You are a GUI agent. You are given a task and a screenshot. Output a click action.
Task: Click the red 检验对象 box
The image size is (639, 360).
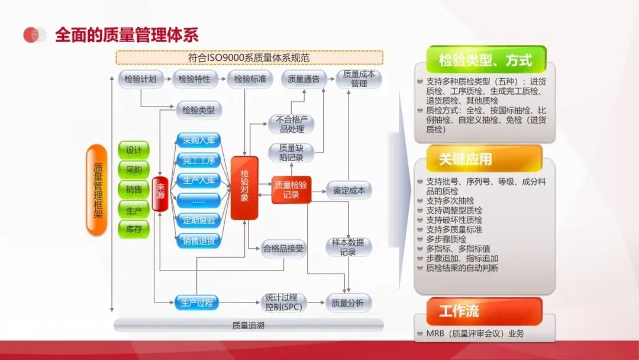[x=244, y=188]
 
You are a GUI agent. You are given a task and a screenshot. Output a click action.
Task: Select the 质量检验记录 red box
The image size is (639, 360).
[x=291, y=189]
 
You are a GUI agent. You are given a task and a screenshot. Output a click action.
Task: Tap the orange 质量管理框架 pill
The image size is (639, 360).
[x=97, y=189]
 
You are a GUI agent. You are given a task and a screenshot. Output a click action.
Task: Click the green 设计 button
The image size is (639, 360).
[x=134, y=150]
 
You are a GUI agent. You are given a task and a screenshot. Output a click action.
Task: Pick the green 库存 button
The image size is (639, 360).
[x=134, y=229]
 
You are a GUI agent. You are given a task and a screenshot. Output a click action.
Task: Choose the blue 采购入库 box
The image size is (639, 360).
[x=198, y=141]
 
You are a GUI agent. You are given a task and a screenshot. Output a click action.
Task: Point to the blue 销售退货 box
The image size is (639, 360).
[x=198, y=240]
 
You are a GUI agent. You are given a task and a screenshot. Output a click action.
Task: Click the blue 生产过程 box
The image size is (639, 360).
[x=196, y=303]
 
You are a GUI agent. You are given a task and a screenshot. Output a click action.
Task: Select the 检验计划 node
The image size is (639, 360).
[x=140, y=79]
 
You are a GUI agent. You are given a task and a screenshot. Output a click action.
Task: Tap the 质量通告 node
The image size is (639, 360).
[x=303, y=79]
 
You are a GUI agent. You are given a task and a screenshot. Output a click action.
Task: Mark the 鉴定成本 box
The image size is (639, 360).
[x=348, y=191]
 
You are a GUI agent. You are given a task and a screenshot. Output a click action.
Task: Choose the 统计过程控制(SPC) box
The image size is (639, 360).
[x=283, y=303]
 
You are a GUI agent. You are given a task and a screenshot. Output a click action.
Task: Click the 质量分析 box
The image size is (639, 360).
[x=348, y=303]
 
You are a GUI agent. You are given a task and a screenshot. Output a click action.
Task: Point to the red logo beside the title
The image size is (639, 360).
[x=34, y=35]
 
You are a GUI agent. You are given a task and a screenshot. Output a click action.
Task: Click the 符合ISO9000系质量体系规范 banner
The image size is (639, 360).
[x=248, y=58]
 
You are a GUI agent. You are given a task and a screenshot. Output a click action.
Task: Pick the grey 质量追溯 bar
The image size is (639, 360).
[x=248, y=325]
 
